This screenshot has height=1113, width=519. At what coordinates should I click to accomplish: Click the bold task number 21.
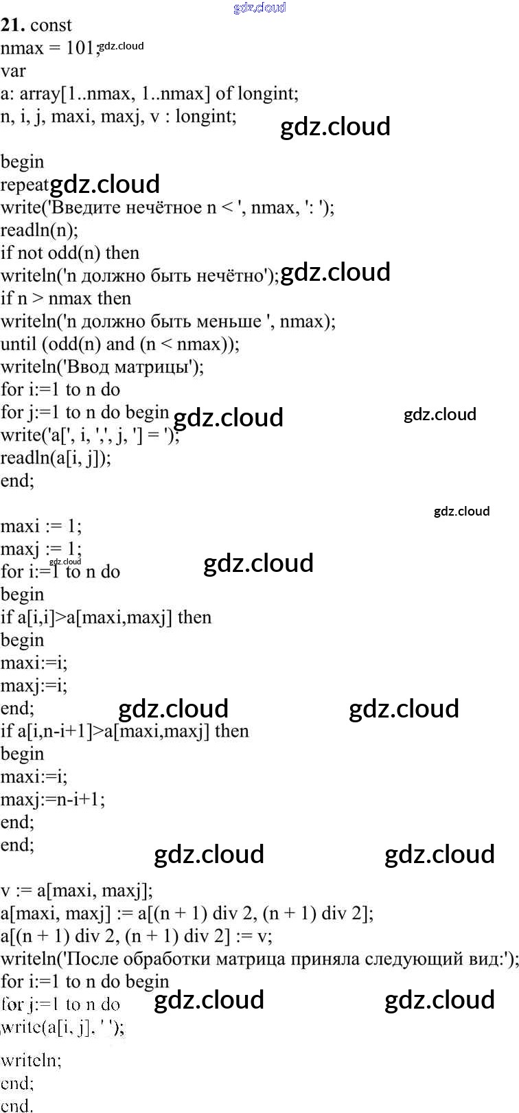tap(12, 25)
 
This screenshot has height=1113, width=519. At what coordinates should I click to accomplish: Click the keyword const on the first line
tap(51, 25)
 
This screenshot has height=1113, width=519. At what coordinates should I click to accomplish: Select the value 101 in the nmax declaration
tap(82, 48)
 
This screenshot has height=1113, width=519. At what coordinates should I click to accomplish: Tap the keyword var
tap(13, 71)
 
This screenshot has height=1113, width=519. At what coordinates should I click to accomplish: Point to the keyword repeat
tap(25, 185)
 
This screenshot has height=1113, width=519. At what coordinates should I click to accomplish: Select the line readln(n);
tap(39, 230)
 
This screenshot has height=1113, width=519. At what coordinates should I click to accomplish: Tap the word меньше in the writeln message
tap(229, 321)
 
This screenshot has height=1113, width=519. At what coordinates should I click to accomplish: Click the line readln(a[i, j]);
tap(56, 458)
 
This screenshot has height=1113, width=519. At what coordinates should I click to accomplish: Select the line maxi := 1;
tap(41, 527)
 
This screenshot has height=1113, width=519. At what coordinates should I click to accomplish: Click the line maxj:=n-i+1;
tap(53, 799)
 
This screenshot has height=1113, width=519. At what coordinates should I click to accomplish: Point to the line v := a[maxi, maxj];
tap(77, 891)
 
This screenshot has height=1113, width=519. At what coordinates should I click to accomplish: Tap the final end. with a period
tap(16, 1104)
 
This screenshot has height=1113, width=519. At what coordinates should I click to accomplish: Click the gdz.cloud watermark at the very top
tap(259, 8)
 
